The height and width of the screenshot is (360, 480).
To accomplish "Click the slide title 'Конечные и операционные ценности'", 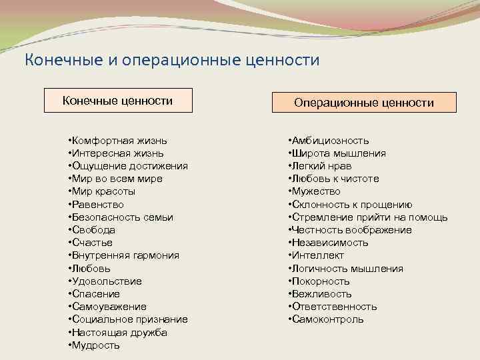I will coord(172,60).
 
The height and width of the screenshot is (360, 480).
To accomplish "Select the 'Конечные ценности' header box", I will coord(117,101).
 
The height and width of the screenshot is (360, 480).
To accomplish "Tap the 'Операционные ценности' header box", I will coord(365,103).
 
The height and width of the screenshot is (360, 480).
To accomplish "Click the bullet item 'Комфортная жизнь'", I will coord(118,141).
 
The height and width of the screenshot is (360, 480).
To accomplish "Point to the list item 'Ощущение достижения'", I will coord(128,166).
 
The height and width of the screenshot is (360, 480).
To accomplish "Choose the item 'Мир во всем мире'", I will coord(115,179).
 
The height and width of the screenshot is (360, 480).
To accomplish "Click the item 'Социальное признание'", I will coord(128,319).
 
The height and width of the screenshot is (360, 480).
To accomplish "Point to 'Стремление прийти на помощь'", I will coord(368,217).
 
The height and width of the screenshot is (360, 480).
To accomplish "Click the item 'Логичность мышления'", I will coord(346,269).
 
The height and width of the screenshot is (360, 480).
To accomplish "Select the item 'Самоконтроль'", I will coord(326,319).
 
